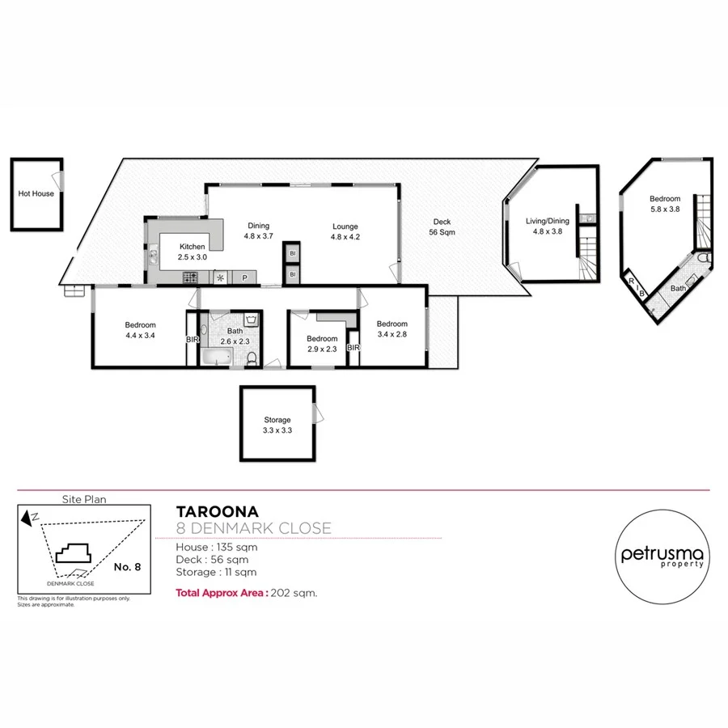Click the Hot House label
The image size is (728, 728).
pyautogui.click(x=36, y=194)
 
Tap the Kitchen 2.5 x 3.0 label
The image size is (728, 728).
pyautogui.click(x=193, y=252)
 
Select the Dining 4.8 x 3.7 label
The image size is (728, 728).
pyautogui.click(x=259, y=231)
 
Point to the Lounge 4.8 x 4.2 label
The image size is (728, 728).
pyautogui.click(x=344, y=231)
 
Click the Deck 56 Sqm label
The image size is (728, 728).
pyautogui.click(x=441, y=227)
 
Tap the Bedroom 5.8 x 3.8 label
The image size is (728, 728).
pyautogui.click(x=664, y=204)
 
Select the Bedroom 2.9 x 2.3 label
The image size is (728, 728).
pyautogui.click(x=321, y=344)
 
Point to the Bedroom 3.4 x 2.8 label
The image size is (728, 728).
pyautogui.click(x=392, y=328)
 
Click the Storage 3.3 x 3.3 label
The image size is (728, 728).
pyautogui.click(x=277, y=425)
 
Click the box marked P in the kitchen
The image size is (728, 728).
pyautogui.click(x=244, y=277)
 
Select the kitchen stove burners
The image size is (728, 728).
pyautogui.click(x=191, y=277)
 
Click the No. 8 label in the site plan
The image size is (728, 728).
pyautogui.click(x=127, y=567)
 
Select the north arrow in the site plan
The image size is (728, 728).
pyautogui.click(x=31, y=517)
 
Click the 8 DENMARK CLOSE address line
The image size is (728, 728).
pyautogui.click(x=253, y=529)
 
